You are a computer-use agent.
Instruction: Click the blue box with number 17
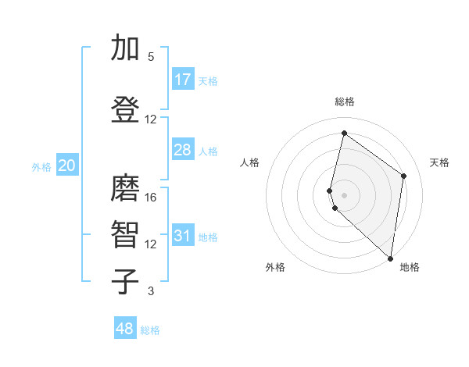183,80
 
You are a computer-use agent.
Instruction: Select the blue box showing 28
183,150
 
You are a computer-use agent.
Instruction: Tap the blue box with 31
183,236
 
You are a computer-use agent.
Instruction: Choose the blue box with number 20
67,166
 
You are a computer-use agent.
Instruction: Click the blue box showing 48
125,329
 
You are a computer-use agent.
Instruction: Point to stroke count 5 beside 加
151,57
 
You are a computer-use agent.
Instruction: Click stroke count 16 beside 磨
151,198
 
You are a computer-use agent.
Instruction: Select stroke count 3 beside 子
151,291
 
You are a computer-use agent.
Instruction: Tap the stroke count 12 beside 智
151,244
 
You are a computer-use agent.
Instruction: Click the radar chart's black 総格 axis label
345,102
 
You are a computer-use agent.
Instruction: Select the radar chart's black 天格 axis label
440,162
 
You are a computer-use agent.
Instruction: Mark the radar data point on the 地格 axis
391,258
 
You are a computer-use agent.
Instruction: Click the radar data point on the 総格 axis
344,134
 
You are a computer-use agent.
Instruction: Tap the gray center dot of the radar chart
345,194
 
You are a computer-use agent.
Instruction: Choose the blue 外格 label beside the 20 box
41,166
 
